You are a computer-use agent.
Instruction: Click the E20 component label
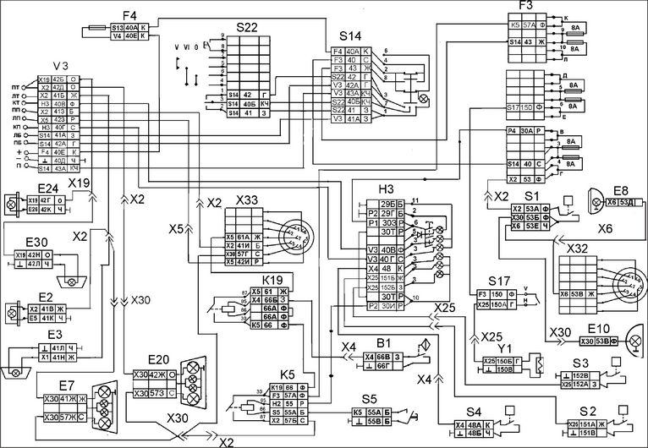(x=157, y=358)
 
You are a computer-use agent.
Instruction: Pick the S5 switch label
(x=368, y=399)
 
